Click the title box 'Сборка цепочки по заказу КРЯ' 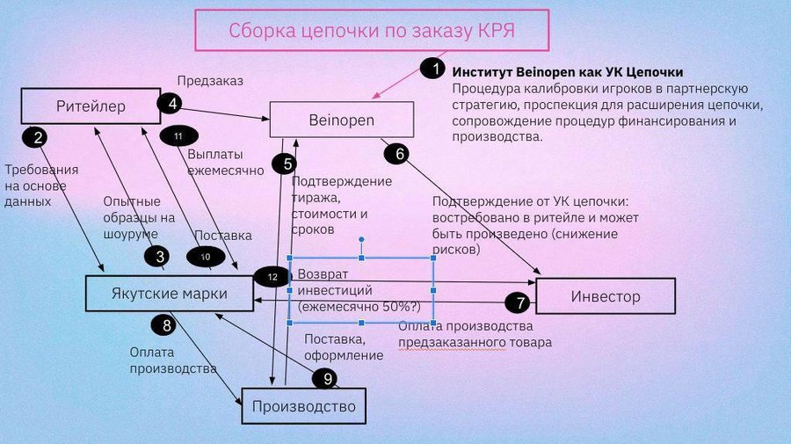click(372, 30)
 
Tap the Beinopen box click(341, 120)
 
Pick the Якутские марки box click(169, 294)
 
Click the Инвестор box click(605, 296)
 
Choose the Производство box click(303, 406)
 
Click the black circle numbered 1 click(432, 69)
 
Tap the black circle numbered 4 click(170, 103)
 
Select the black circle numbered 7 click(520, 302)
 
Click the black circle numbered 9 click(327, 379)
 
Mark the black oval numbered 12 click(272, 276)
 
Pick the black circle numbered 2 click(37, 136)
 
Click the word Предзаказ click(210, 81)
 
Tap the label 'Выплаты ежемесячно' click(214, 162)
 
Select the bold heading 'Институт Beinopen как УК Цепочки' click(567, 71)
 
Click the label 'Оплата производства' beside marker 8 click(172, 360)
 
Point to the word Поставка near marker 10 click(223, 236)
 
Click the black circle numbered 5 click(284, 163)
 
